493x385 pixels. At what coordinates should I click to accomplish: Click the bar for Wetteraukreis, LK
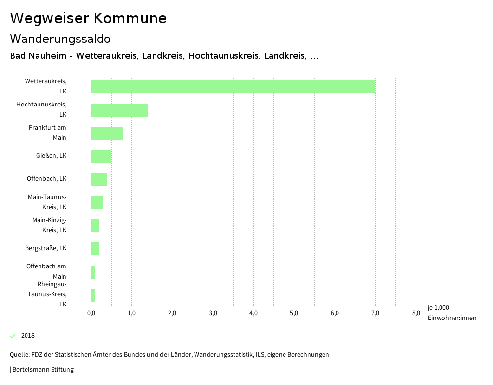[x=233, y=87]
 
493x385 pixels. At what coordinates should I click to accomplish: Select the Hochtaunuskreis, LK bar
[x=119, y=110]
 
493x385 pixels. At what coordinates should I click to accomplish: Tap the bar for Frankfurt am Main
[x=107, y=133]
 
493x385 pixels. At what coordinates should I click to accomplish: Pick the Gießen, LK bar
[x=101, y=156]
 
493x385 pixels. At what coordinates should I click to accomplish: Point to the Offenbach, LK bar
[x=99, y=179]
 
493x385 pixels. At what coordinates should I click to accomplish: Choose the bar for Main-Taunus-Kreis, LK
[x=97, y=202]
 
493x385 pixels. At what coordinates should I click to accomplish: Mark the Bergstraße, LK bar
[x=95, y=249]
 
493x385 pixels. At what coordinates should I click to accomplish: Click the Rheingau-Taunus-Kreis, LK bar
[x=93, y=295]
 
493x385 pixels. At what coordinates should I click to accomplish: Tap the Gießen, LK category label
[x=51, y=156]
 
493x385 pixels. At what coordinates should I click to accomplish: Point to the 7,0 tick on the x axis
[x=375, y=313]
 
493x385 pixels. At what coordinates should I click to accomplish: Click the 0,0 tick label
[x=91, y=313]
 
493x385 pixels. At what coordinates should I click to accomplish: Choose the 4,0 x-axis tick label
[x=253, y=313]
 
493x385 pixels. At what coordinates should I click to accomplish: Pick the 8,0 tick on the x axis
[x=416, y=313]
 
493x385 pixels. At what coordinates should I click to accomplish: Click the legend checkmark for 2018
[x=13, y=336]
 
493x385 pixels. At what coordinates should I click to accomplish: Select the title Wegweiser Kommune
[x=88, y=18]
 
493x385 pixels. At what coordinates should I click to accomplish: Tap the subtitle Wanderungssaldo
[x=60, y=39]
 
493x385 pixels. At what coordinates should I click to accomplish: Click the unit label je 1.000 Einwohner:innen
[x=452, y=313]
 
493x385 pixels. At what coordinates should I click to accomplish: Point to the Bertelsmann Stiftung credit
[x=42, y=370]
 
